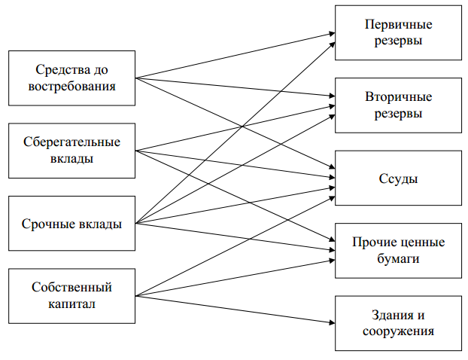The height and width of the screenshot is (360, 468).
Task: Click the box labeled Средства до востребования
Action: click(x=71, y=77)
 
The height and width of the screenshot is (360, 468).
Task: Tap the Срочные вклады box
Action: click(x=71, y=224)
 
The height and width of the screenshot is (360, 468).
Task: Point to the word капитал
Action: click(x=71, y=304)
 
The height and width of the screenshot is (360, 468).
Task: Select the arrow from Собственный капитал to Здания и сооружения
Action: click(x=233, y=309)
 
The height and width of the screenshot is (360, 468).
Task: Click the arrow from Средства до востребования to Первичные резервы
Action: click(x=233, y=55)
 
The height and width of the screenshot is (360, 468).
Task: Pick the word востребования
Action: click(x=71, y=86)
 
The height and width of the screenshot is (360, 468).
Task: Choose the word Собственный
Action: click(x=71, y=288)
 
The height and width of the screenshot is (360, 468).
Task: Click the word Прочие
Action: click(x=371, y=243)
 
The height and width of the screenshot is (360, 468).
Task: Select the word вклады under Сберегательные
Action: click(x=71, y=158)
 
